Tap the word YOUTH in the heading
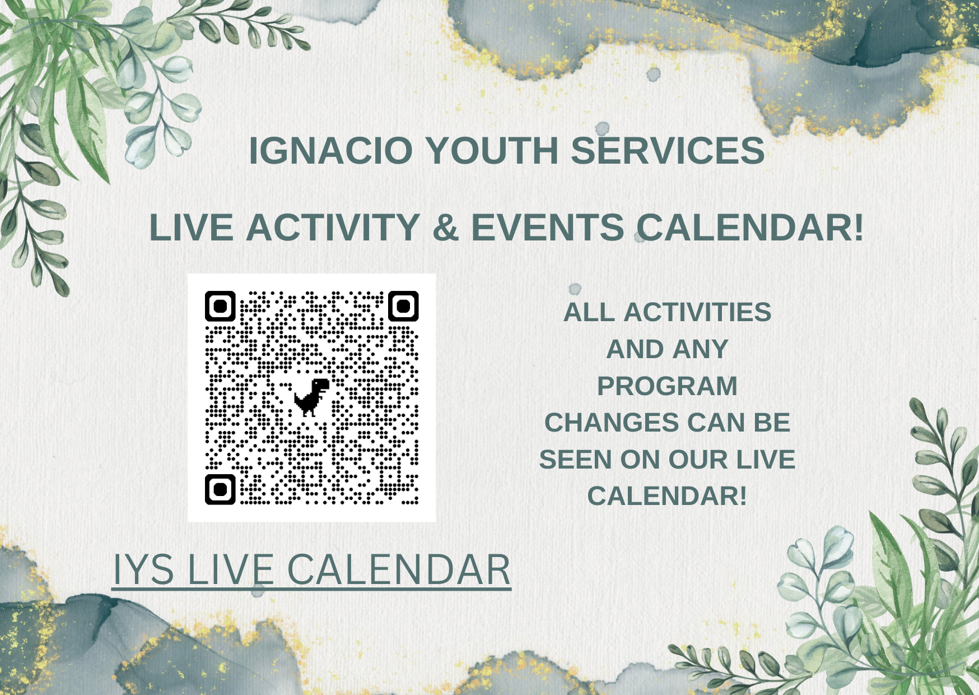[492, 151]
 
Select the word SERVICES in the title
[668, 151]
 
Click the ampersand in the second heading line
[446, 228]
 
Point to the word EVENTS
[548, 228]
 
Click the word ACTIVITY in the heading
[333, 228]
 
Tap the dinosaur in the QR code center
[311, 397]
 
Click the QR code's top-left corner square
[220, 306]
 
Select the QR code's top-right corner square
[403, 306]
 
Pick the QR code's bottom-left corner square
[220, 489]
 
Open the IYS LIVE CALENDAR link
[311, 569]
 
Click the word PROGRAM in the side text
[667, 386]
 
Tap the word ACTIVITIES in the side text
[697, 313]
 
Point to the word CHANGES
[611, 423]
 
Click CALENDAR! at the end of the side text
[667, 497]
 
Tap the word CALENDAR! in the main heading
[750, 228]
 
